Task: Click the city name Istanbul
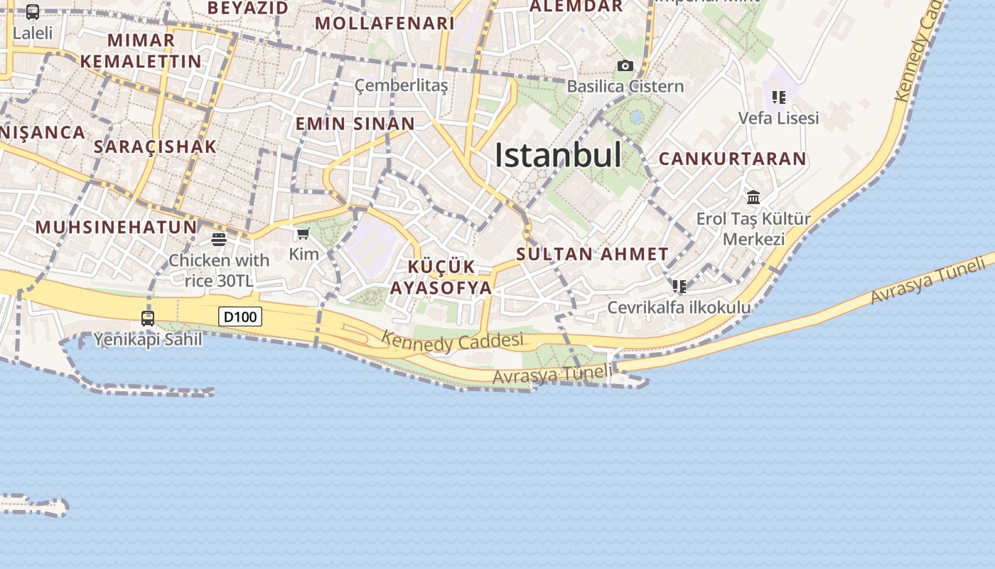click(x=558, y=155)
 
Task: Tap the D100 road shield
click(x=240, y=317)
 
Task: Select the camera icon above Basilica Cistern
click(x=625, y=66)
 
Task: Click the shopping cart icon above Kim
click(x=303, y=234)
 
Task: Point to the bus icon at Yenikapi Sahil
click(x=148, y=319)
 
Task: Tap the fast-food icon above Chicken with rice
click(x=219, y=239)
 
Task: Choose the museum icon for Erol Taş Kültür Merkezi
click(x=753, y=197)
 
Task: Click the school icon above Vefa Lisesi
click(x=778, y=97)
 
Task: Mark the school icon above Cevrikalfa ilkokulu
click(x=679, y=287)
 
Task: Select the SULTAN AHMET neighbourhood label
click(x=592, y=254)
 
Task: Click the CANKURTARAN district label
click(x=733, y=159)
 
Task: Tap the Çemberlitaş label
click(x=402, y=86)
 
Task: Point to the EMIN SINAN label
click(x=355, y=124)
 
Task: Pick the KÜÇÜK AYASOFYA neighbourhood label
click(x=441, y=277)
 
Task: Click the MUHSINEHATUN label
click(x=116, y=227)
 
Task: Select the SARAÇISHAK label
click(x=155, y=147)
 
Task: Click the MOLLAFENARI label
click(x=384, y=23)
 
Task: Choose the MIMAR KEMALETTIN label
click(x=141, y=50)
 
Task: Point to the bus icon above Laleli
click(x=33, y=12)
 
